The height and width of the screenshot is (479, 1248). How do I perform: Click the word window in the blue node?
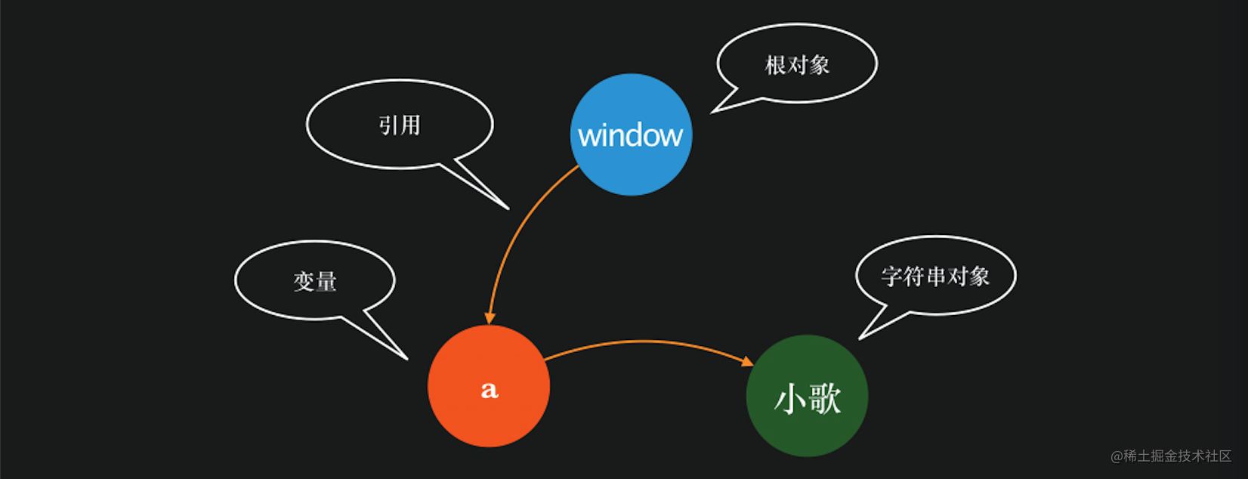tap(631, 136)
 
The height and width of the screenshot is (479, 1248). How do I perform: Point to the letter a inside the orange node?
tap(490, 389)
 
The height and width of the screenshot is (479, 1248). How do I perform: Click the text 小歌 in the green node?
tap(807, 398)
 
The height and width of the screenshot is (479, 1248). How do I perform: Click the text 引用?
tap(400, 125)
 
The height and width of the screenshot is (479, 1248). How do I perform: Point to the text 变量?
tap(315, 282)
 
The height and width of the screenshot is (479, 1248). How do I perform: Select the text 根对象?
tap(797, 66)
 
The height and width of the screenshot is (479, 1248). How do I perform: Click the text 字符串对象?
tap(935, 277)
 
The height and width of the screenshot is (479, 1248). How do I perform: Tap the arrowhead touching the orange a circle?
tap(490, 318)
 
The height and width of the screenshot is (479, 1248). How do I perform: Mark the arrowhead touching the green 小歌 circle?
tap(747, 362)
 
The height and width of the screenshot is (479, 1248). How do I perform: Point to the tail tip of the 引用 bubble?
tap(507, 208)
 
